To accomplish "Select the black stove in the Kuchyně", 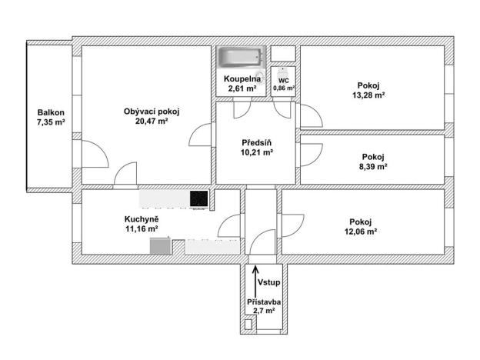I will pyautogui.click(x=199, y=198).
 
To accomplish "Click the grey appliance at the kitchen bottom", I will pyautogui.click(x=159, y=246).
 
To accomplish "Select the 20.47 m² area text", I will pyautogui.click(x=152, y=122).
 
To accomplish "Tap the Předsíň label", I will pyautogui.click(x=256, y=142).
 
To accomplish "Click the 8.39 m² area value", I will pyautogui.click(x=373, y=165).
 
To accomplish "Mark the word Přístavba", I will pyautogui.click(x=263, y=303).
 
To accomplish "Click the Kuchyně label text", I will pyautogui.click(x=141, y=218).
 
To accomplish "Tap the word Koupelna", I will pyautogui.click(x=242, y=79).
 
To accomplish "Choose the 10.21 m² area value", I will pyautogui.click(x=256, y=152).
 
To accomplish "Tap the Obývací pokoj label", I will pyautogui.click(x=152, y=111).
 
